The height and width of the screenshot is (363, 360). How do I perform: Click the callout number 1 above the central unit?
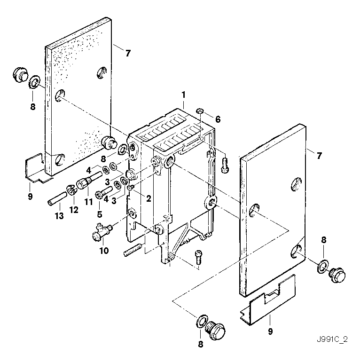click(x=184, y=95)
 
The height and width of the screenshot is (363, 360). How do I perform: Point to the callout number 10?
click(x=104, y=251)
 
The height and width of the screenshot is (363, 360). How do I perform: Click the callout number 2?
click(x=148, y=198)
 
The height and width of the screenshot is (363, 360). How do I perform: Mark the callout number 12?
click(x=74, y=210)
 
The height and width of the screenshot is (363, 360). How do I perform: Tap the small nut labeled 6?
click(x=200, y=111)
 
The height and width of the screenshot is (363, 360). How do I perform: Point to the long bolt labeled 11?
click(x=90, y=181)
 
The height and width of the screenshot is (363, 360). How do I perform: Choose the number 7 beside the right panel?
click(x=319, y=156)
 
